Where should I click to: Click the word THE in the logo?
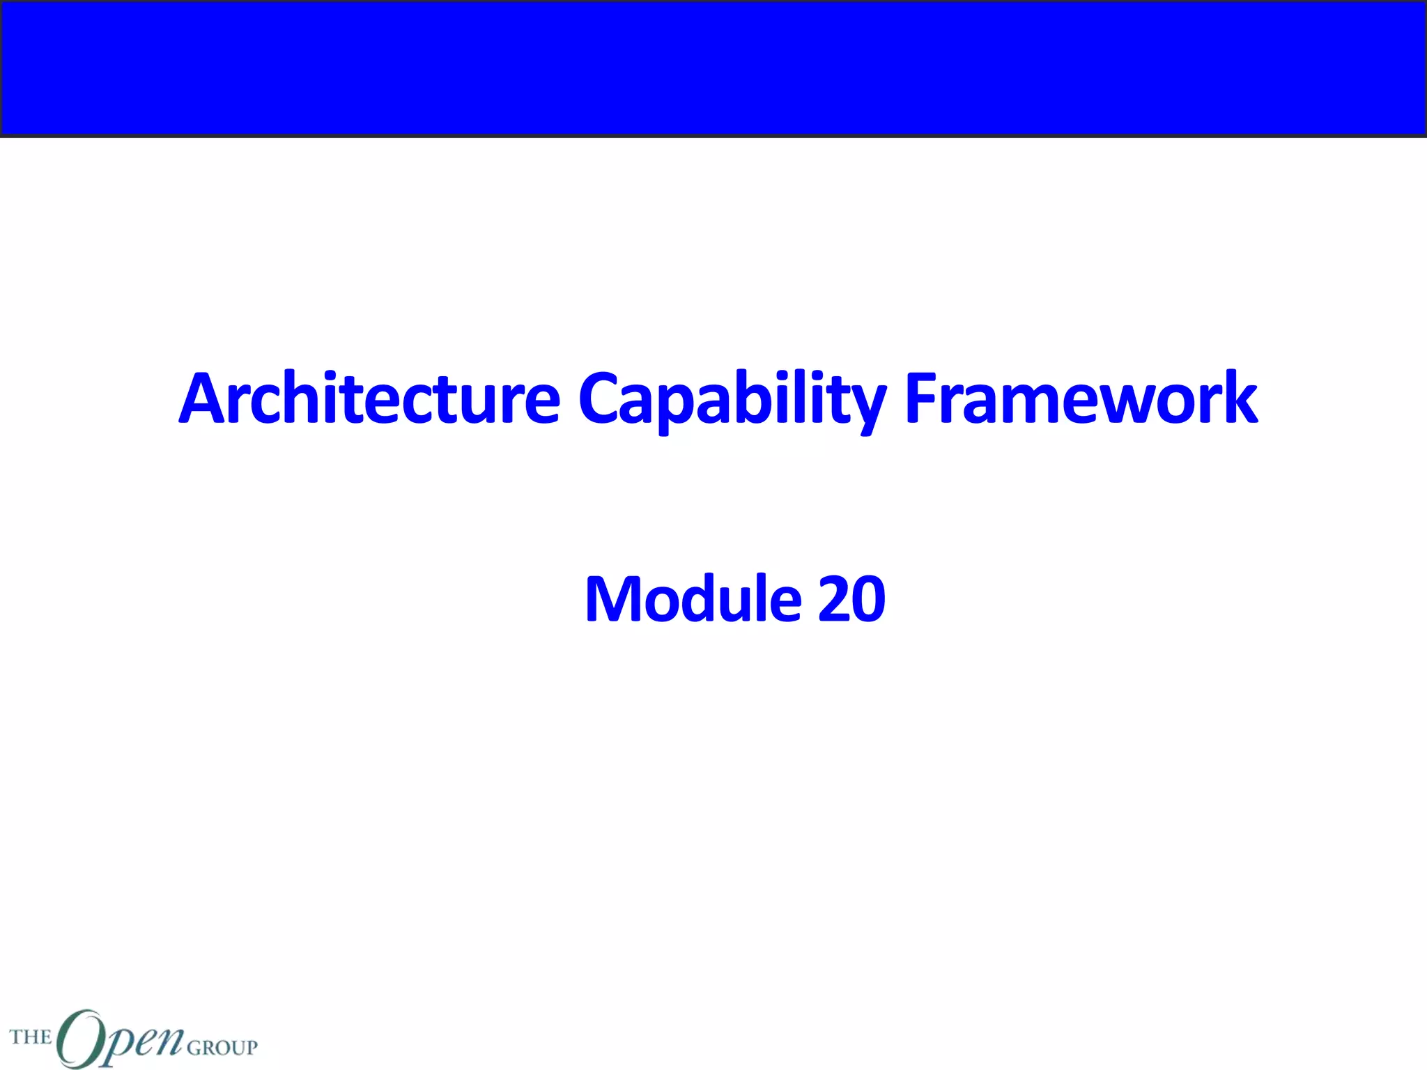click(x=31, y=1037)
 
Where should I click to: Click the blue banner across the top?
click(x=713, y=68)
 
